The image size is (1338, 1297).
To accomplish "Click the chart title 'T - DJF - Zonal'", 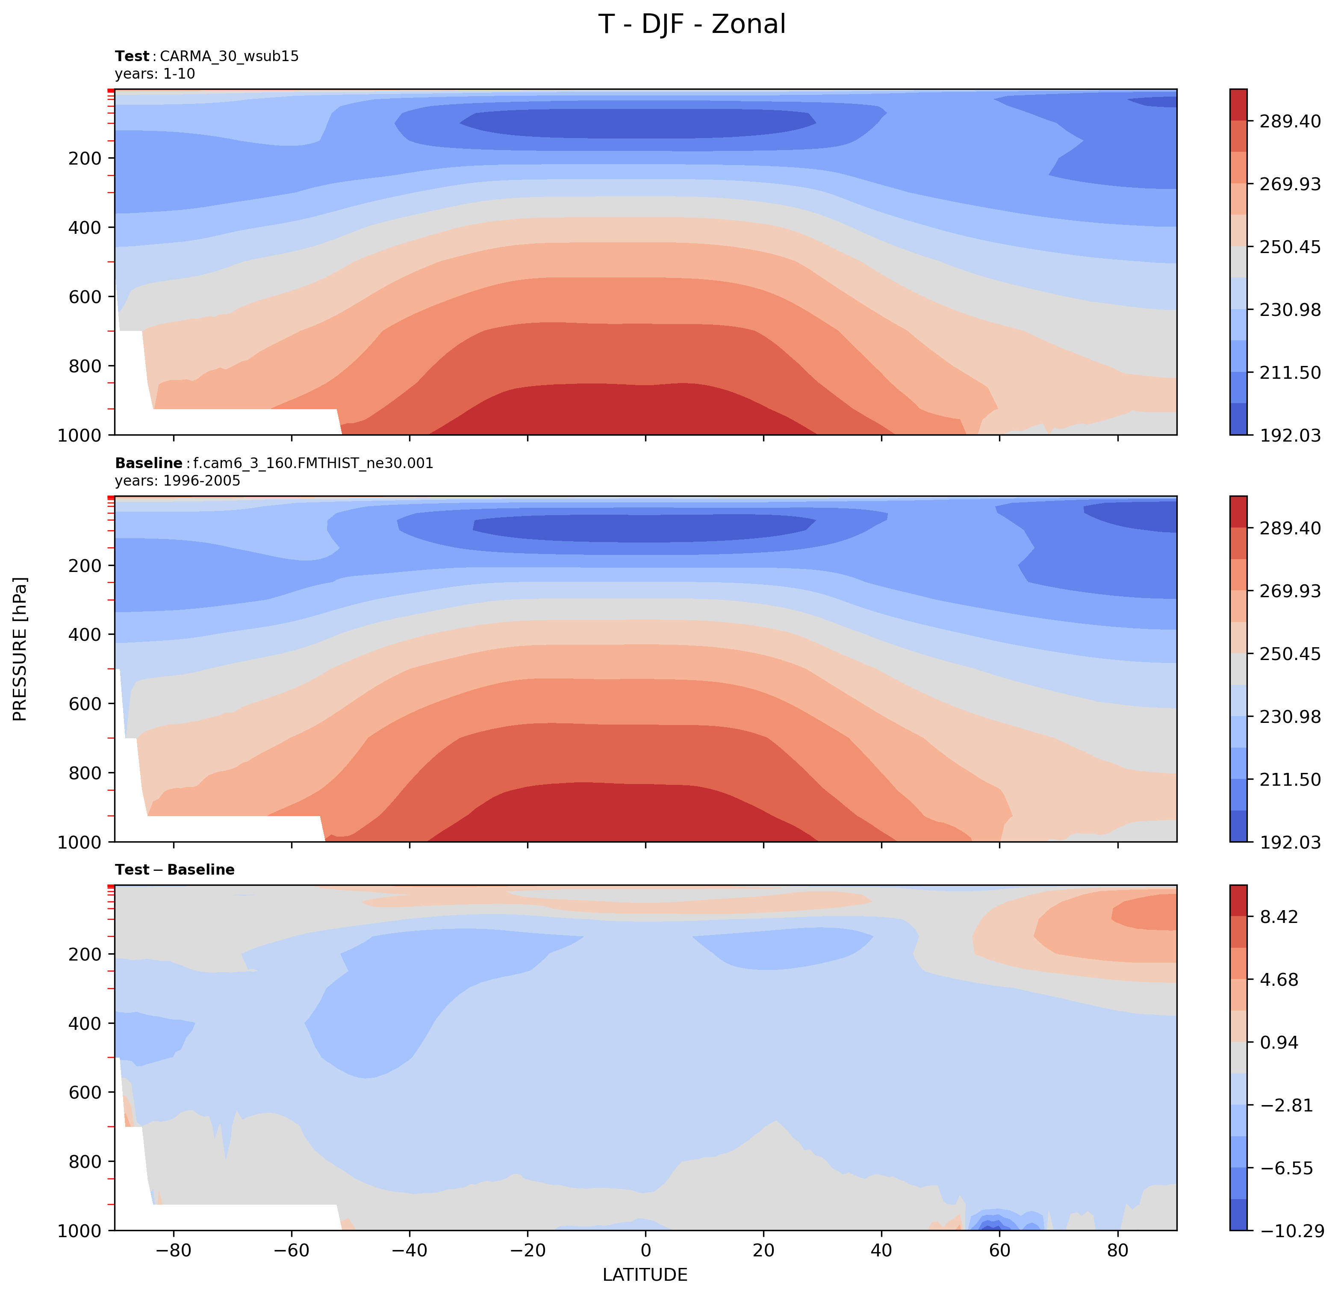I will (692, 24).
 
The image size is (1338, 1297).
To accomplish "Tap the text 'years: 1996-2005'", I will (177, 480).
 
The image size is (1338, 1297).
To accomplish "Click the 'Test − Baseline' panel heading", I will (175, 870).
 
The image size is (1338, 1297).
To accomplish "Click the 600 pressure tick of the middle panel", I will (85, 704).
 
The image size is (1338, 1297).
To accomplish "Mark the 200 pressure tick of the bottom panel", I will (85, 954).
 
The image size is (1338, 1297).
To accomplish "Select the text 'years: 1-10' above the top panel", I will (155, 74).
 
